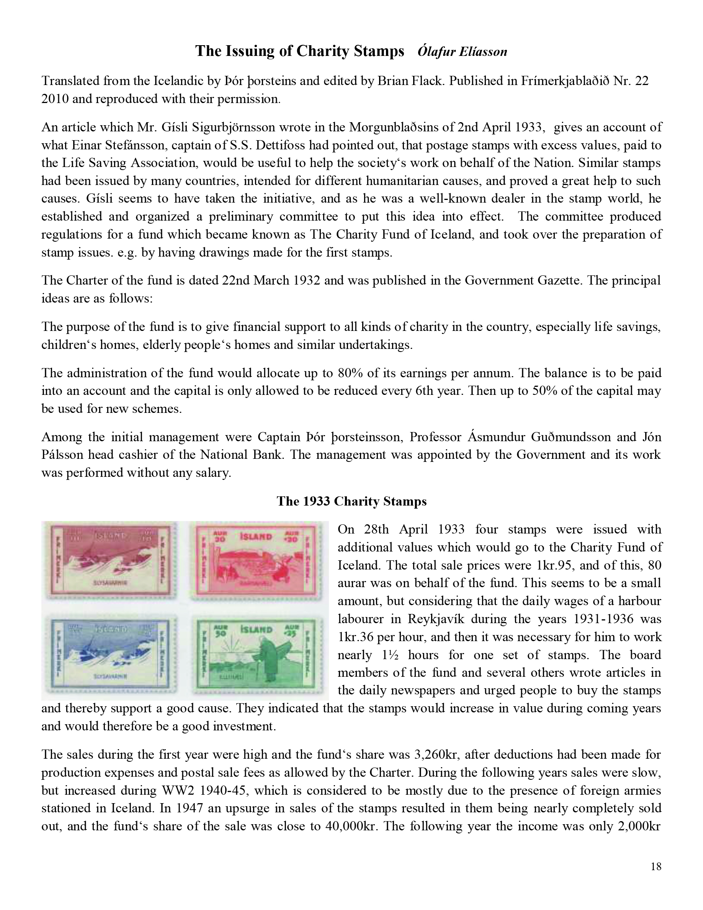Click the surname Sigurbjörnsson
(230, 127)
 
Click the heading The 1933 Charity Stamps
(351, 501)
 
